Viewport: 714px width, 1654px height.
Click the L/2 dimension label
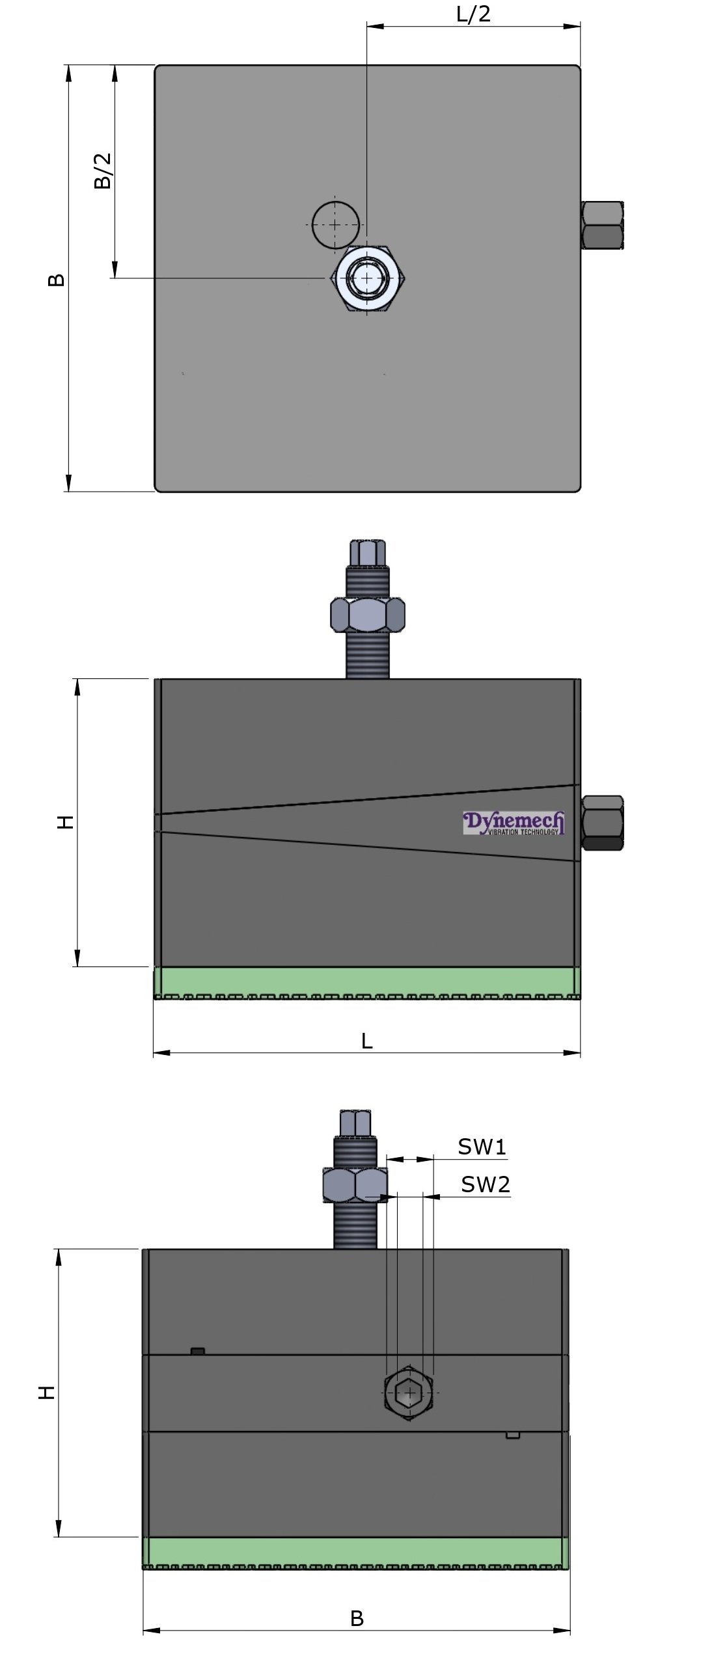click(x=473, y=14)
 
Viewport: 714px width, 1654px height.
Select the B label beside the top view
click(x=57, y=280)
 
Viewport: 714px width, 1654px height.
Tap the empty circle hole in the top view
click(x=335, y=224)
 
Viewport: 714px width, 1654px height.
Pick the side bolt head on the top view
click(x=603, y=226)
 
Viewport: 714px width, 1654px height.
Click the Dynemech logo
click(x=514, y=823)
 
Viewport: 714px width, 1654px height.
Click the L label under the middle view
click(x=367, y=1041)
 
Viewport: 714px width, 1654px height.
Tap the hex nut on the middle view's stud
click(x=368, y=615)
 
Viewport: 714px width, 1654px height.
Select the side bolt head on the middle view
click(x=602, y=823)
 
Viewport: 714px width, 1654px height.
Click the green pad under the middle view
click(x=367, y=982)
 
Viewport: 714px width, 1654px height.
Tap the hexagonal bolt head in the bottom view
click(x=409, y=1393)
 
